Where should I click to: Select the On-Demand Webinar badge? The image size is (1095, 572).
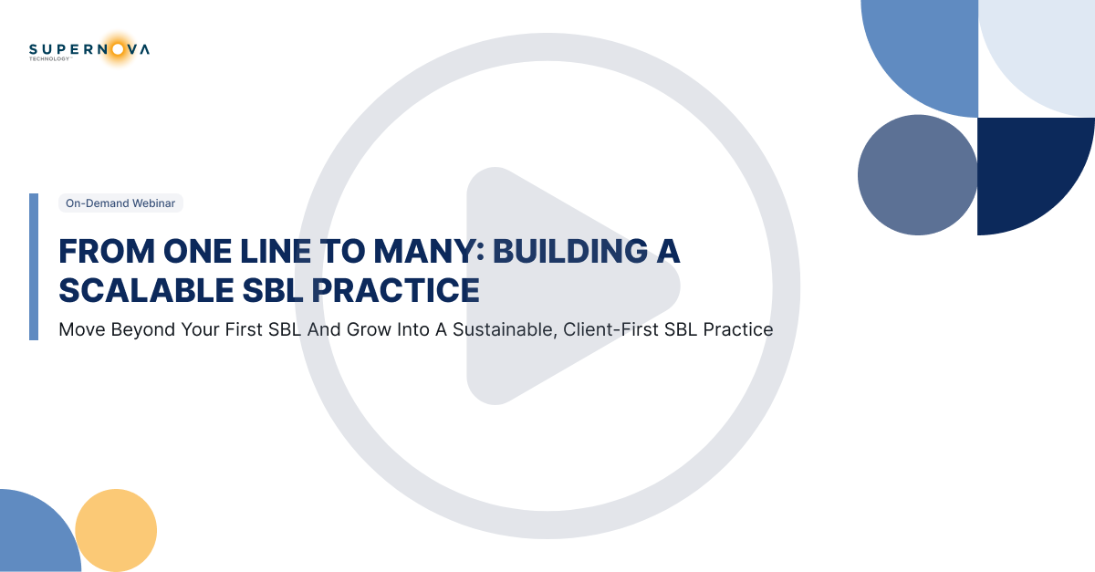tap(120, 203)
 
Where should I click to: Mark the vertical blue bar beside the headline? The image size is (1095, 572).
tap(34, 266)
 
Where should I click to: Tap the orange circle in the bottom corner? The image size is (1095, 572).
tap(117, 530)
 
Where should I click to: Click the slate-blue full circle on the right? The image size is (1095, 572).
tap(917, 174)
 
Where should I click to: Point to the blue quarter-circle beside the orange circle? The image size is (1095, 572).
tap(36, 538)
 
